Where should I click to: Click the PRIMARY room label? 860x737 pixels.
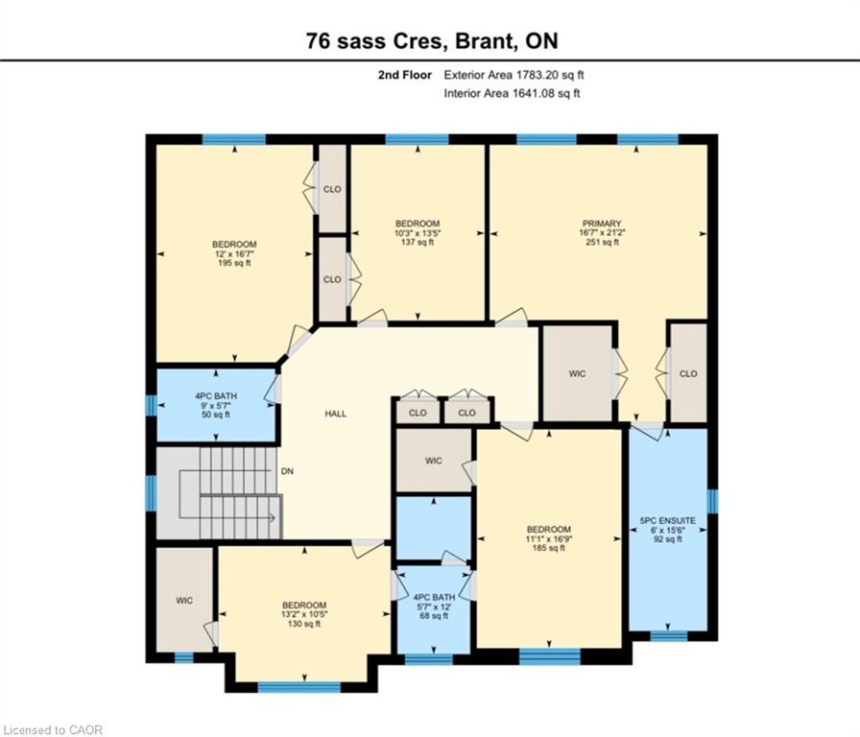point(602,224)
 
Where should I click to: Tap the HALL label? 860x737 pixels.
point(336,414)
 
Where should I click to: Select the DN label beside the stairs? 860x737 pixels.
point(287,471)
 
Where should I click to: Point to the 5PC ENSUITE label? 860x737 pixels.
point(667,520)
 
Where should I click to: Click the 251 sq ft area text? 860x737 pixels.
point(602,242)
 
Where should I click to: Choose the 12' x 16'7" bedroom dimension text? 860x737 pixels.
point(234,254)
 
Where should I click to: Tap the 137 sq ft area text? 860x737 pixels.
point(418,242)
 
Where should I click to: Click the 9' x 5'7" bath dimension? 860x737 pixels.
point(216,405)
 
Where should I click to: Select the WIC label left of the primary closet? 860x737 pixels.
point(577,374)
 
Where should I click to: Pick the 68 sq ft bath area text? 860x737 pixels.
point(433,616)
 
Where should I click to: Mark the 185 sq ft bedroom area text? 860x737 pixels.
point(548,548)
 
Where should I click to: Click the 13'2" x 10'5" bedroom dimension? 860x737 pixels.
point(304,615)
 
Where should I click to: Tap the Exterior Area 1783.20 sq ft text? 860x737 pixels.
point(514,75)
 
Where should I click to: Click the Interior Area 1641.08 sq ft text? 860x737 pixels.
point(512,93)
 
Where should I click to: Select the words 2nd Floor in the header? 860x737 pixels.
point(405,75)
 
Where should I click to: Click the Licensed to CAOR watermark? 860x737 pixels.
point(53,730)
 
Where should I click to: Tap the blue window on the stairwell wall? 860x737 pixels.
point(151,493)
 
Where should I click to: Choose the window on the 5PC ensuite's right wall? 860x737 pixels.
point(712,501)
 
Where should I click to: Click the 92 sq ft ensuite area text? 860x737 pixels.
point(667,539)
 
